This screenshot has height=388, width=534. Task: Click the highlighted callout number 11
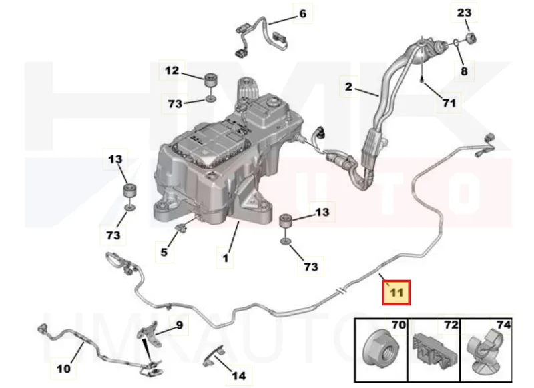(x=396, y=293)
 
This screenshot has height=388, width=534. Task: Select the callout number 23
(x=464, y=13)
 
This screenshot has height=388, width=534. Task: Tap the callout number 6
(x=302, y=13)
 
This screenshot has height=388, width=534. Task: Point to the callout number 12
(x=172, y=71)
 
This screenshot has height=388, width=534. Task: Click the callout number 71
(x=449, y=103)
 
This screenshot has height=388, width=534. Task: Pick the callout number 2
(x=348, y=87)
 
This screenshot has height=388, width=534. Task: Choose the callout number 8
(x=464, y=71)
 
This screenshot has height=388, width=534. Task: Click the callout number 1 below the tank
(x=226, y=258)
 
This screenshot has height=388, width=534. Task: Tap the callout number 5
(x=164, y=252)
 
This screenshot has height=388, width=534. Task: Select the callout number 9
(x=180, y=325)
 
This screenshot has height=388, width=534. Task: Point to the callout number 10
(x=63, y=368)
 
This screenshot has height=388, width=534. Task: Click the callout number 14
(x=239, y=376)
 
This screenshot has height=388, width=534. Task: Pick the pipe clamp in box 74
(x=485, y=350)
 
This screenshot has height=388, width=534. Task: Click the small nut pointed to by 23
(x=471, y=37)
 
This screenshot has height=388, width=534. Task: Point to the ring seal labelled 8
(x=456, y=43)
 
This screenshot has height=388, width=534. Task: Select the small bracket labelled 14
(x=214, y=356)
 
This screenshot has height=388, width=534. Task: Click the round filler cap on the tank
(x=274, y=102)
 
